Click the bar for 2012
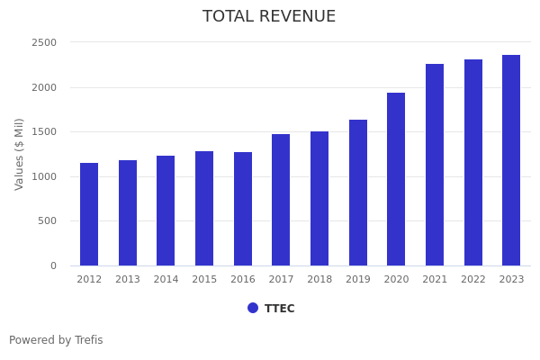[89, 214]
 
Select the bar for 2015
[204, 208]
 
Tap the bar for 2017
[281, 200]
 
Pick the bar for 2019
[358, 193]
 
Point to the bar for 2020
[396, 179]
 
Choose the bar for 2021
[435, 165]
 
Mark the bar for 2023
[511, 160]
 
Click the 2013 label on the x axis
[128, 280]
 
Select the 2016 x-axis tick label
[243, 280]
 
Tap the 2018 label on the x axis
[319, 280]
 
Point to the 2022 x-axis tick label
[473, 280]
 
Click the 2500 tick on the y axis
[44, 42]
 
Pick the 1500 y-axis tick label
[44, 132]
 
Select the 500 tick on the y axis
[47, 221]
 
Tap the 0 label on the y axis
[53, 265]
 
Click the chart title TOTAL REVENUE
[269, 17]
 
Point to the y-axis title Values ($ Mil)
[20, 154]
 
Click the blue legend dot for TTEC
[253, 308]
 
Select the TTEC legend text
[280, 309]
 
